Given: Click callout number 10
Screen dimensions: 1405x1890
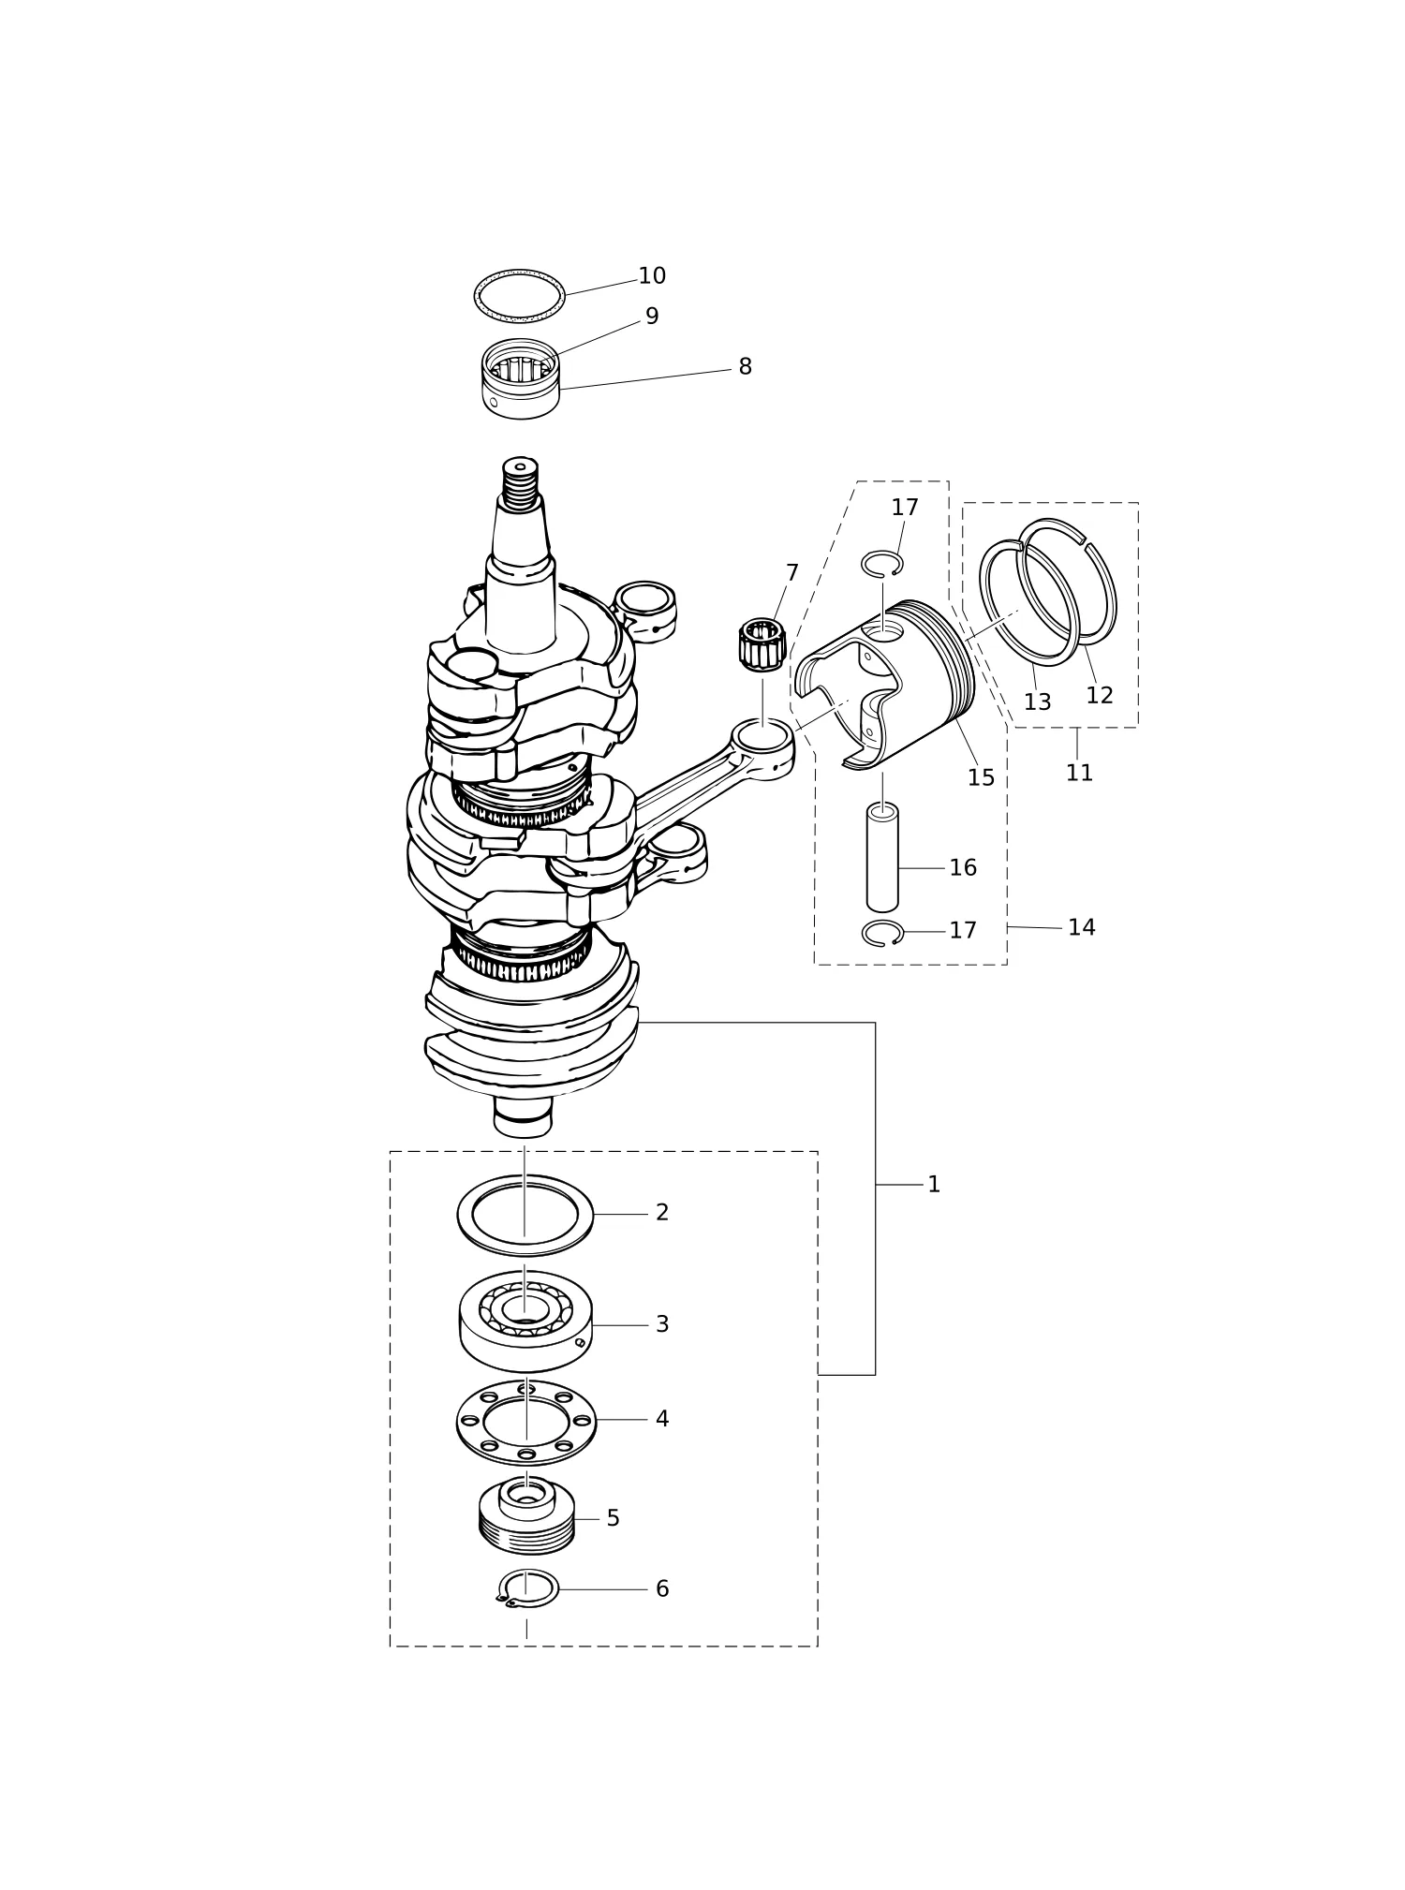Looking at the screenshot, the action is pos(652,276).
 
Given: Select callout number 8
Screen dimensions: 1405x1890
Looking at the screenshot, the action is pos(745,367).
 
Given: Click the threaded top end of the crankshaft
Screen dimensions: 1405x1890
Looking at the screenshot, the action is pos(520,482).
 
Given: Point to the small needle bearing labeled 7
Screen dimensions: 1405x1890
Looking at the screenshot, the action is pos(762,644).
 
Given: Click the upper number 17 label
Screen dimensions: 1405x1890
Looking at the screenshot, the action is pos(905,508).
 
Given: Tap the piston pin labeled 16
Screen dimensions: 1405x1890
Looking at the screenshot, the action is pos(882,857).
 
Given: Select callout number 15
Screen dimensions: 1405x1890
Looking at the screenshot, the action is pos(981,778).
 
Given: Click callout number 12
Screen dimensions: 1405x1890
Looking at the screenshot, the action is pos(1100,696).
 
